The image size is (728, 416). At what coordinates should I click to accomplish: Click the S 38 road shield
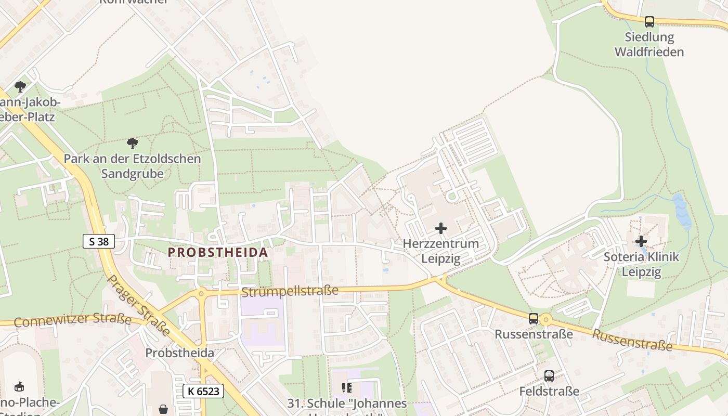99,241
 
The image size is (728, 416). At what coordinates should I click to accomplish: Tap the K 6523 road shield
203,391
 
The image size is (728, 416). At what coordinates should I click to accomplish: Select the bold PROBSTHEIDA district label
217,253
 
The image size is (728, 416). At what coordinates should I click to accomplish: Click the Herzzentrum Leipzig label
441,251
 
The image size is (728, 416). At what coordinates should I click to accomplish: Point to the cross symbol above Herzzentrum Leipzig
441,228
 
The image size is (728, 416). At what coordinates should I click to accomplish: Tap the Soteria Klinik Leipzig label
641,264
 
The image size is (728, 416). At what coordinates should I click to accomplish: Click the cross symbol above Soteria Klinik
641,241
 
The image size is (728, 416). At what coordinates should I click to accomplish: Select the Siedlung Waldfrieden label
649,45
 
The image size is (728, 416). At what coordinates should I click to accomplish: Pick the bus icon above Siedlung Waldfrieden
649,22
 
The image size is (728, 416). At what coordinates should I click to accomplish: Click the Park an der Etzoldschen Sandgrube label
132,166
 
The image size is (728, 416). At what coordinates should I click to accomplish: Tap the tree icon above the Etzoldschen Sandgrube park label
133,143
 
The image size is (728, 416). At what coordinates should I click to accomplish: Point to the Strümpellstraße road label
290,291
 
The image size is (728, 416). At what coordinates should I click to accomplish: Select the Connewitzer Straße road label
72,320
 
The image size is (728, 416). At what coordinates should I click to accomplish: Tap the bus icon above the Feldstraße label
549,376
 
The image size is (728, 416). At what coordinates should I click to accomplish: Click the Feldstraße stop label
549,391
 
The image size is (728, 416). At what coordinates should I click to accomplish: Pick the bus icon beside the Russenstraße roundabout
534,319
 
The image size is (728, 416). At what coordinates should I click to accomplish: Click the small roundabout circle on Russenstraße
545,319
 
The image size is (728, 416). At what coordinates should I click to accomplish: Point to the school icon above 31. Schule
347,387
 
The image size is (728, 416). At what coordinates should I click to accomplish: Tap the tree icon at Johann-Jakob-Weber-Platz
20,86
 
